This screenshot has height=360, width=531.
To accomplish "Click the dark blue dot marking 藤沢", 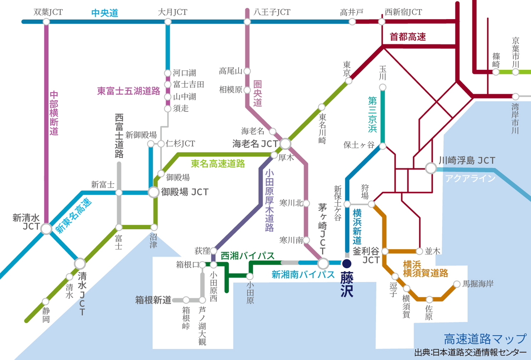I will pyautogui.click(x=347, y=263).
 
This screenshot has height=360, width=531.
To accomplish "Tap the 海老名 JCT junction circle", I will pyautogui.click(x=285, y=144).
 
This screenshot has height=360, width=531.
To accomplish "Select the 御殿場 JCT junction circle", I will pyautogui.click(x=154, y=192).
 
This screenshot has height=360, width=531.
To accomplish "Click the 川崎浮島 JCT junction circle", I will pyautogui.click(x=431, y=168).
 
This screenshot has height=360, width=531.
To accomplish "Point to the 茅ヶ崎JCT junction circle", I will pyautogui.click(x=323, y=263).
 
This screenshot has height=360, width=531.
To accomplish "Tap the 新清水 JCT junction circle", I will pyautogui.click(x=46, y=228).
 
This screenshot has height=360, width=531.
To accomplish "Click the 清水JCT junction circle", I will pyautogui.click(x=80, y=263).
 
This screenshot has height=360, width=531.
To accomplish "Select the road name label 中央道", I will pyautogui.click(x=105, y=13).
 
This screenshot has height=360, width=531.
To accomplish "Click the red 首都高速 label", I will pyautogui.click(x=408, y=37).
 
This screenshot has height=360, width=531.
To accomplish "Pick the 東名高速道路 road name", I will pyautogui.click(x=218, y=164).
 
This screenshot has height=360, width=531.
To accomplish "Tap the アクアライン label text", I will pyautogui.click(x=470, y=179).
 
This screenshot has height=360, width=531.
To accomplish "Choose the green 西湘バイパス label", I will pyautogui.click(x=248, y=256).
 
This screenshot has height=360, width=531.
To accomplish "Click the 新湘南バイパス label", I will pyautogui.click(x=303, y=274).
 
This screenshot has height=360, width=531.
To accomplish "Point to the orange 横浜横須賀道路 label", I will pyautogui.click(x=425, y=269).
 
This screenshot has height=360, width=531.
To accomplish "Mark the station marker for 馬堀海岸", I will pyautogui.click(x=456, y=284).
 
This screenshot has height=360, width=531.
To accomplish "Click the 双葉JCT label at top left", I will pyautogui.click(x=48, y=12).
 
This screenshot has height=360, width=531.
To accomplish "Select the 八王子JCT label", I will pyautogui.click(x=272, y=12).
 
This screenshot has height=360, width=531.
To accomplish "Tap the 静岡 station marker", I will pyautogui.click(x=46, y=301).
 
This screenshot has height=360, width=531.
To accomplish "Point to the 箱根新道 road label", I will pyautogui.click(x=153, y=300).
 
